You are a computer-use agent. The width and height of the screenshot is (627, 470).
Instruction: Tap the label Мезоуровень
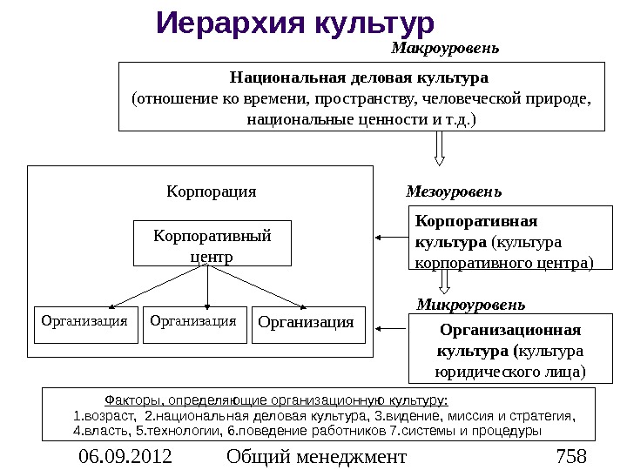454,191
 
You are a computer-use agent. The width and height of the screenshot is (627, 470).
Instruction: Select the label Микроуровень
470,305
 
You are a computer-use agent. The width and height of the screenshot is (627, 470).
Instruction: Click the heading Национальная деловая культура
359,77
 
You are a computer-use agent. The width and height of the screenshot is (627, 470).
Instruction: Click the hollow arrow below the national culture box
440,147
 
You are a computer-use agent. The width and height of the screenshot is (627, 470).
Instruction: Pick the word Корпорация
212,191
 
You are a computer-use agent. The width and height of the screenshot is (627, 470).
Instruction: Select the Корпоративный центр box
212,243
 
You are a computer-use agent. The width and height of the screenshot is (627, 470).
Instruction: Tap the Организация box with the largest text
307,323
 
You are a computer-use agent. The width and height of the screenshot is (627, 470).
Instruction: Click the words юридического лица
510,373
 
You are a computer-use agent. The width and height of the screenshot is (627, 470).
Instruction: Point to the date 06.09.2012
125,457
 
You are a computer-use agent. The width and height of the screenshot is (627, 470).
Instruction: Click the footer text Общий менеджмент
315,457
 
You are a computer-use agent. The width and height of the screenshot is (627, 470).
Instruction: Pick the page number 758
571,457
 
